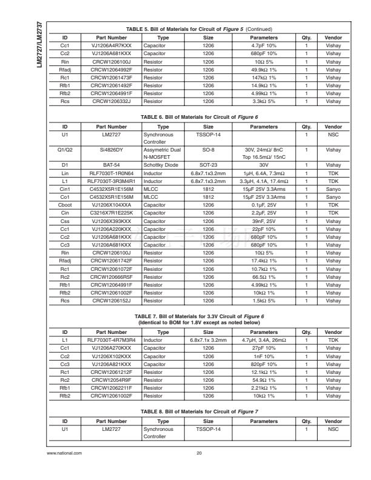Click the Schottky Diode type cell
pyautogui.click(x=160, y=164)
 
